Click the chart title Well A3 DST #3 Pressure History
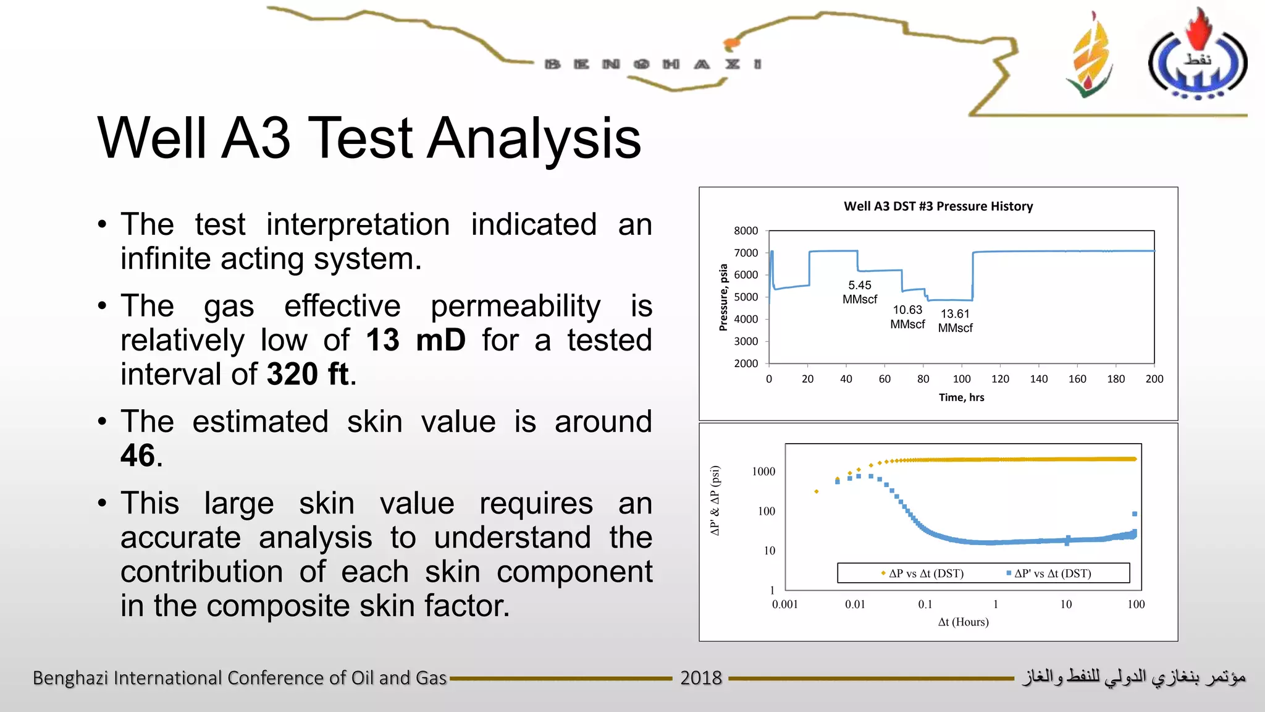tap(938, 206)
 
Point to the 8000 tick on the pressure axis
tap(746, 231)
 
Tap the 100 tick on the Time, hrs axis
tap(961, 379)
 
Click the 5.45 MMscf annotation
tap(859, 292)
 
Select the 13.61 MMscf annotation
tap(955, 321)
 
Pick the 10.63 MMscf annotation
tap(907, 317)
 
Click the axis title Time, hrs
tap(961, 397)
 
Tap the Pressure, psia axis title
tap(723, 297)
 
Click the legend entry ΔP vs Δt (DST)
tap(925, 574)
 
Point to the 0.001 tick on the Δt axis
tap(784, 604)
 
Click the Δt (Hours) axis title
tap(963, 622)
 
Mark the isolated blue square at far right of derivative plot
tap(1135, 514)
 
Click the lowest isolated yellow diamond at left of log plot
tap(817, 491)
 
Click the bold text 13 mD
tap(415, 340)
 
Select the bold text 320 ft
tap(308, 374)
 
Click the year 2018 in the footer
tap(701, 678)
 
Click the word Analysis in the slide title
tap(534, 138)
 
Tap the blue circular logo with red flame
tap(1197, 59)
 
